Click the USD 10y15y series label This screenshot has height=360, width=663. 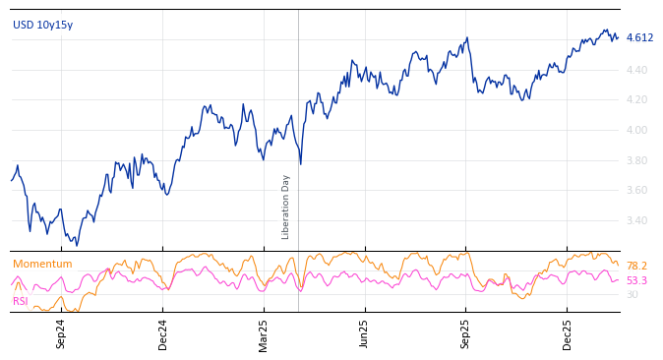[42, 25]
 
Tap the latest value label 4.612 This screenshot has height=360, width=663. [639, 38]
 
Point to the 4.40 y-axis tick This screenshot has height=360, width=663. [636, 70]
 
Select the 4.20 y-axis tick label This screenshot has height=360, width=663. [636, 100]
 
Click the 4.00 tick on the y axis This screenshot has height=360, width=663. [636, 130]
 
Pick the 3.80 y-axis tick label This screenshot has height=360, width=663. [636, 160]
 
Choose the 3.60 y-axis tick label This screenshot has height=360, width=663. [636, 191]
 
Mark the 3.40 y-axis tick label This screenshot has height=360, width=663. [636, 220]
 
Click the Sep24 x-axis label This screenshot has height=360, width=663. [61, 333]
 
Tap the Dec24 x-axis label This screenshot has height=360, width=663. [163, 333]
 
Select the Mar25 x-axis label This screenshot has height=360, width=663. [264, 333]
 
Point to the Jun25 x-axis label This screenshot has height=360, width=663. [364, 333]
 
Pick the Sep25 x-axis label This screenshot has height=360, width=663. [465, 333]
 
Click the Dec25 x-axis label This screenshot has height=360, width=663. [567, 333]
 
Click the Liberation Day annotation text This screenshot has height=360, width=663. [286, 207]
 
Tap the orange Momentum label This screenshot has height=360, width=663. [42, 264]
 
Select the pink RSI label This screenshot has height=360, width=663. [21, 301]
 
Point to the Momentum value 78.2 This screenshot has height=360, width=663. [636, 267]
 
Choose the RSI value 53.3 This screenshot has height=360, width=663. [636, 281]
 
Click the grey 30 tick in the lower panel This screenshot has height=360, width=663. [632, 295]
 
